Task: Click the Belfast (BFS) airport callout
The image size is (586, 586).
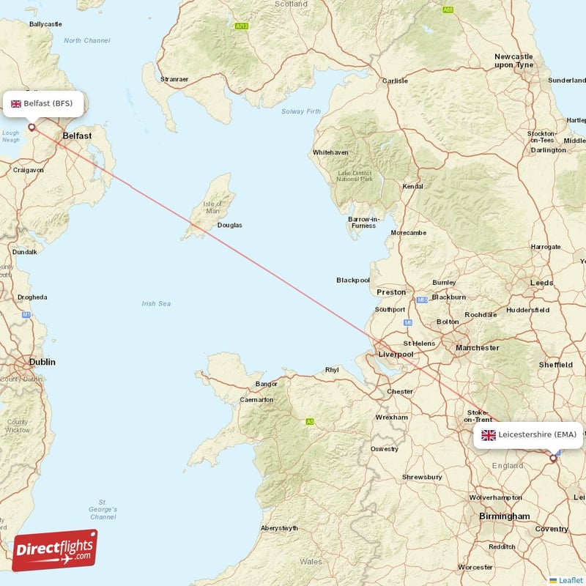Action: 43,103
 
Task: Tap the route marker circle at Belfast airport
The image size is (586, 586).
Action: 31,127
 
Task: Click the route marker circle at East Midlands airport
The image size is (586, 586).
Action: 553,458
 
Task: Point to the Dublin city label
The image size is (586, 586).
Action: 42,362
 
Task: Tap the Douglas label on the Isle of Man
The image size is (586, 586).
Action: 229,225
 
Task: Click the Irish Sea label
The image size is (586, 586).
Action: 156,303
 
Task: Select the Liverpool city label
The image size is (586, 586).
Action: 396,355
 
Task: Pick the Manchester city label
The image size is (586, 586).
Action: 477,348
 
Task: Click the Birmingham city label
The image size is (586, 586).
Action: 504,516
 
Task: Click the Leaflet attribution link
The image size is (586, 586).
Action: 571,580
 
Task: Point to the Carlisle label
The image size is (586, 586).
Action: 395,81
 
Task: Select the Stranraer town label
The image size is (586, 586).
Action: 174,79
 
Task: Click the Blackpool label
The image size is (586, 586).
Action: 353,280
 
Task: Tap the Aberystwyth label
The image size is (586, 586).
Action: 279,528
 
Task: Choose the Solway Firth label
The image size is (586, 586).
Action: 301,111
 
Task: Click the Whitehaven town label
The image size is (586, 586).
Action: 331,152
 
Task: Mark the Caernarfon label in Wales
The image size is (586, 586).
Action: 256,400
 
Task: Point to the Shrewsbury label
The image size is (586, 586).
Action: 422,477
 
